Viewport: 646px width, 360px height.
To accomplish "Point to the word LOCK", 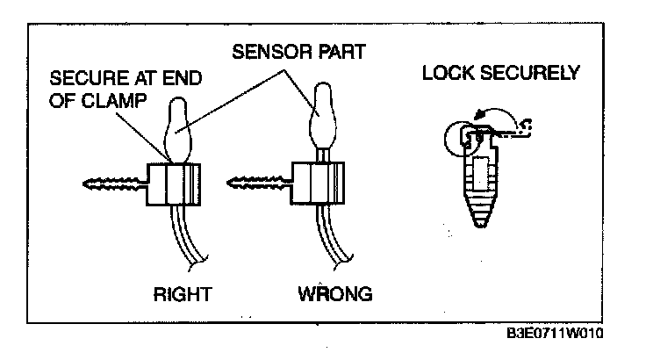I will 447,73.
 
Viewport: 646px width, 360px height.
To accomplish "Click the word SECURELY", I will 529,73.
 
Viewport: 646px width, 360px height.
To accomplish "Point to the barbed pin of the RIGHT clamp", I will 109,184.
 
